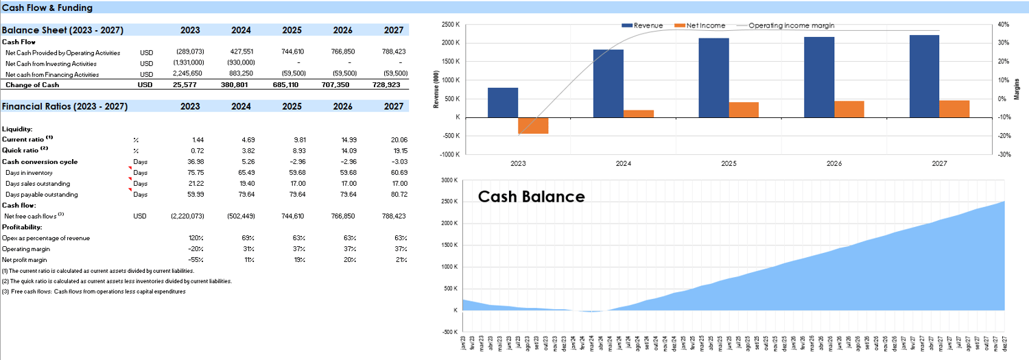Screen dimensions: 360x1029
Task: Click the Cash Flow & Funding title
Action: point(47,8)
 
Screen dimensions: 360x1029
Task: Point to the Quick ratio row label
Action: point(25,150)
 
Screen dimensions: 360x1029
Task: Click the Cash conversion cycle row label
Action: point(40,162)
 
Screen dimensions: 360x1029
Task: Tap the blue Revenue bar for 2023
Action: point(503,102)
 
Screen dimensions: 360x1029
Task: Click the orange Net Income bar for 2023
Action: point(533,125)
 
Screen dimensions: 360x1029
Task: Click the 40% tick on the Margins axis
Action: point(1004,25)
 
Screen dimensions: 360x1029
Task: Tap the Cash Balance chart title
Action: point(531,197)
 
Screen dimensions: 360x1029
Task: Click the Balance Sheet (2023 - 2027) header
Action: point(64,30)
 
